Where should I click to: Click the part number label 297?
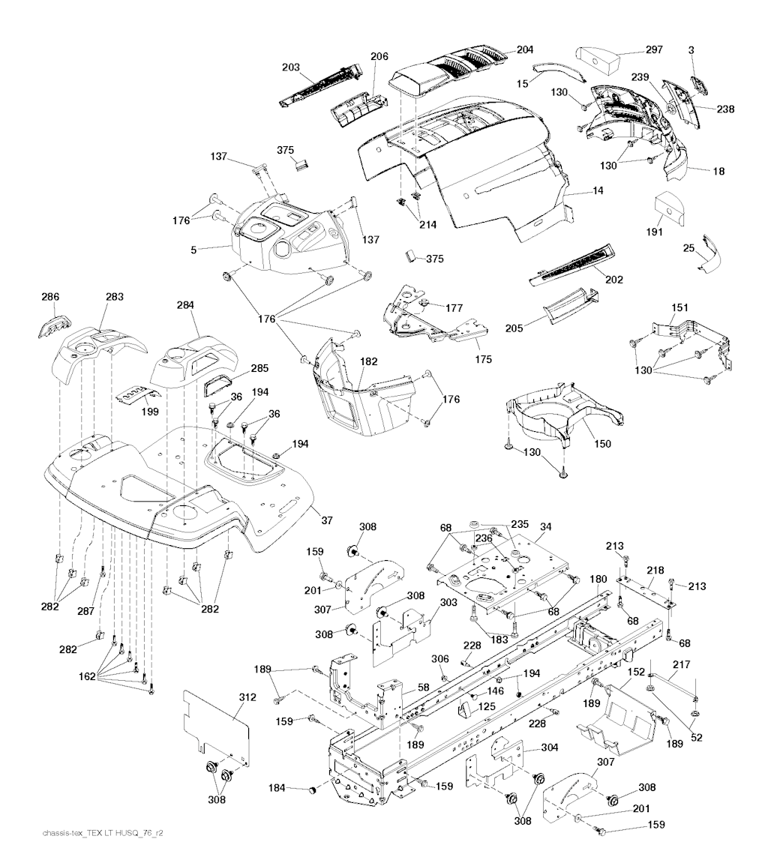point(654,50)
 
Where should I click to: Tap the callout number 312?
point(248,697)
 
